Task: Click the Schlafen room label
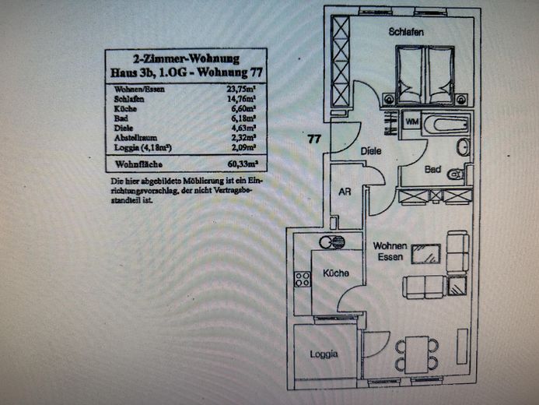pos(406,32)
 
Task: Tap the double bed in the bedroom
pos(424,76)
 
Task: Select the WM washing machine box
pos(411,123)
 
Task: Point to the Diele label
pos(370,151)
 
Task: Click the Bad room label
pos(434,169)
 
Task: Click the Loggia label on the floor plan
pos(324,354)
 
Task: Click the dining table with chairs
pos(417,354)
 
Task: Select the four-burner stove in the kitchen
pos(302,278)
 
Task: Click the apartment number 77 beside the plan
pos(314,139)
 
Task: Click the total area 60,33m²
pos(242,164)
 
